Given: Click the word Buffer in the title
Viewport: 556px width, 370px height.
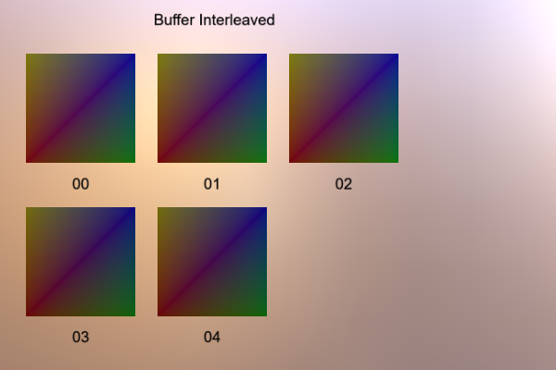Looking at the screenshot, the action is (x=175, y=19).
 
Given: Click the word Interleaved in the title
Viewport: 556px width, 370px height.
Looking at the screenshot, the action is (x=237, y=19).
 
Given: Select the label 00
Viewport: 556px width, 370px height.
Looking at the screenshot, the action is (x=81, y=184).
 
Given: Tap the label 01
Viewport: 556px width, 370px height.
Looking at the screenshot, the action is (x=212, y=184).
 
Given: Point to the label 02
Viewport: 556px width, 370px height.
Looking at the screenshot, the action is (x=344, y=184).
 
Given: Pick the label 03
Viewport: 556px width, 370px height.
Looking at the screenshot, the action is (x=81, y=337).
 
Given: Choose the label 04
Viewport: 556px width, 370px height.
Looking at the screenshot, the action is (x=212, y=337).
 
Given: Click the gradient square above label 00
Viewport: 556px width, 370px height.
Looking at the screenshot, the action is (x=81, y=108).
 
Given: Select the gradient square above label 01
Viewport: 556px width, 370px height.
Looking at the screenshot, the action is (x=212, y=108).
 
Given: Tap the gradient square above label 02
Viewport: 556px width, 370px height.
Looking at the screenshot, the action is (x=344, y=108).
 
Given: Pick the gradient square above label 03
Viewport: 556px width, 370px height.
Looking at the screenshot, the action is (x=81, y=262).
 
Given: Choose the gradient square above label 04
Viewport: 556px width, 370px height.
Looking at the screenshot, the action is (x=212, y=262).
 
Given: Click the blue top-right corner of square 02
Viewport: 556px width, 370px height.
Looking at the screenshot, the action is (x=398, y=55).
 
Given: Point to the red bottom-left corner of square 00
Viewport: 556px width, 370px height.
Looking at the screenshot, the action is (x=27, y=162).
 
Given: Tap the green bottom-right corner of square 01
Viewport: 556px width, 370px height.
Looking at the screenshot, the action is (x=266, y=162).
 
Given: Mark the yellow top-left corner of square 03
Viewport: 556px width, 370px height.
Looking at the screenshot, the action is (x=27, y=208).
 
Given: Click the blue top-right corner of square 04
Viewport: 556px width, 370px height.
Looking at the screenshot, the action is (x=266, y=208).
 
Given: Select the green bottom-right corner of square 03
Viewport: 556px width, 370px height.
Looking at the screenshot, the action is (x=134, y=315).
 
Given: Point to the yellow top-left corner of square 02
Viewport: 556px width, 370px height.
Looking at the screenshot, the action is (x=290, y=55).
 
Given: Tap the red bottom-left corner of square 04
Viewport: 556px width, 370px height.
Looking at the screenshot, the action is (x=158, y=315).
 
